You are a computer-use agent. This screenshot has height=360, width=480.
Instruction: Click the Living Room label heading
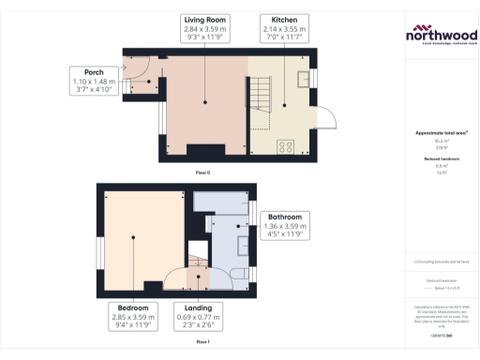[x=204, y=20]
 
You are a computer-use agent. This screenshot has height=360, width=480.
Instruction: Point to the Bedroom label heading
[x=129, y=307]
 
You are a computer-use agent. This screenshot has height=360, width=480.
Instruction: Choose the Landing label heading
[x=197, y=307]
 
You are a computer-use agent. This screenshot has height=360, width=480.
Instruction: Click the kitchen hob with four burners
[x=287, y=145]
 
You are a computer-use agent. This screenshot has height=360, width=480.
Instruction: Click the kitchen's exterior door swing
[x=326, y=118]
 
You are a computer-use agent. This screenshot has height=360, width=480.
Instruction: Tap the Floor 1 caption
[x=202, y=342]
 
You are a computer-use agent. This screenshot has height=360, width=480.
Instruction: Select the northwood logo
[x=440, y=35]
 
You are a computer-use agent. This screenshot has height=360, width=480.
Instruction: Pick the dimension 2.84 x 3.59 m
[x=204, y=30]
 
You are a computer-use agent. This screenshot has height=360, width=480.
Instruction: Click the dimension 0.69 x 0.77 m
[x=197, y=318]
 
